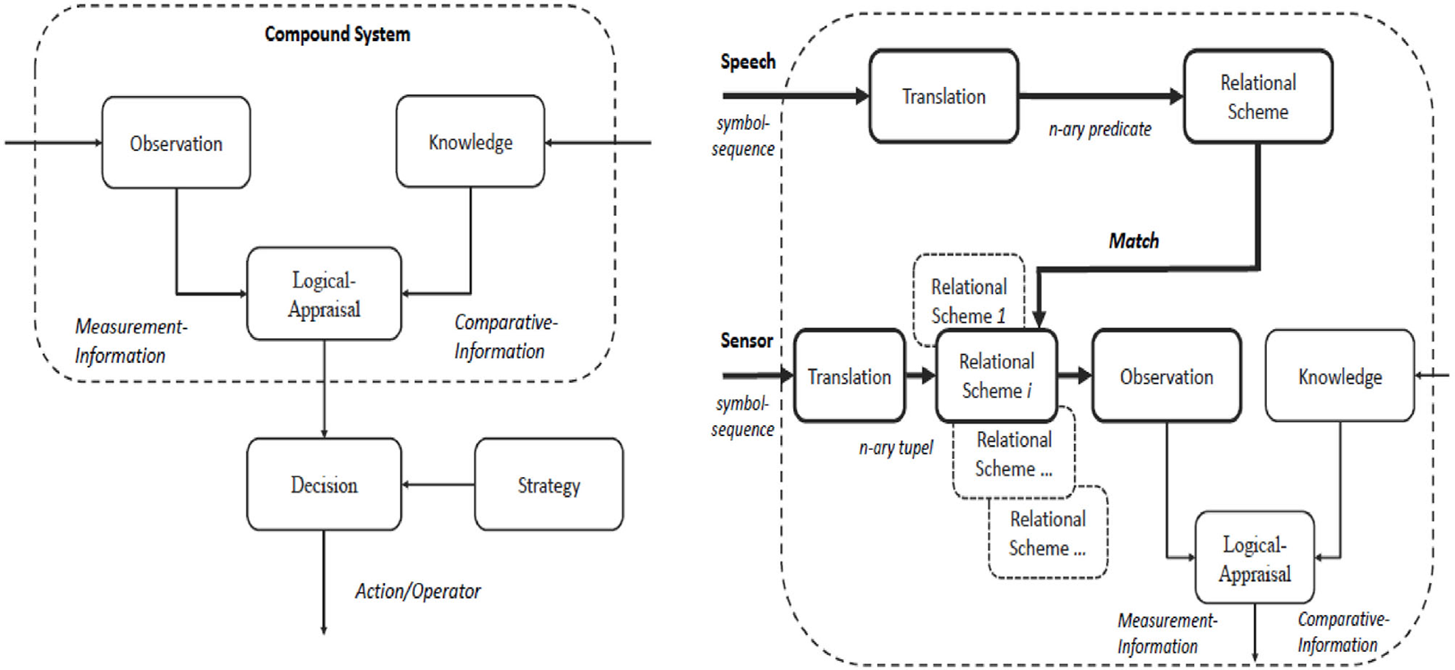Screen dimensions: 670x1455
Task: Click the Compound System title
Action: tap(337, 34)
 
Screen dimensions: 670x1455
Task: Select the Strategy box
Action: tap(548, 484)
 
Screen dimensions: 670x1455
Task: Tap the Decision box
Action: tap(324, 484)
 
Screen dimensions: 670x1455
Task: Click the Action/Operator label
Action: tap(417, 591)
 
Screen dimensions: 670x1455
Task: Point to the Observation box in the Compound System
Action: tap(176, 143)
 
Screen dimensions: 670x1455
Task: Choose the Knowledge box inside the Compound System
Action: tap(470, 142)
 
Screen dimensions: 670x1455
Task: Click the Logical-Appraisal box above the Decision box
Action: tap(324, 294)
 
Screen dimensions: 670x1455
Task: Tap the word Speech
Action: tap(747, 62)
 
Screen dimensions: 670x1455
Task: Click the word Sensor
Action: tap(746, 340)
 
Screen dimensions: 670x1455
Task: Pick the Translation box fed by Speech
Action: tap(943, 96)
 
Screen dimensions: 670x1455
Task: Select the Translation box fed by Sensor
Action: tap(849, 376)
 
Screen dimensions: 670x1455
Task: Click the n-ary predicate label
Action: tap(1099, 129)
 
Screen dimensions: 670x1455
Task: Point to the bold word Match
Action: tap(1133, 241)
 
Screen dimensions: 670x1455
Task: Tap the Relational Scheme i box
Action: tap(996, 376)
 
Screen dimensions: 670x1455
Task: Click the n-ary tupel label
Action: tap(896, 447)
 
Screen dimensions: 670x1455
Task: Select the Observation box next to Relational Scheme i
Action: tap(1166, 376)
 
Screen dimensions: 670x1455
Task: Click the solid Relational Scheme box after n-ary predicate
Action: tap(1257, 96)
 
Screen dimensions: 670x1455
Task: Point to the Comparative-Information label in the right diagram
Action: tap(1342, 631)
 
